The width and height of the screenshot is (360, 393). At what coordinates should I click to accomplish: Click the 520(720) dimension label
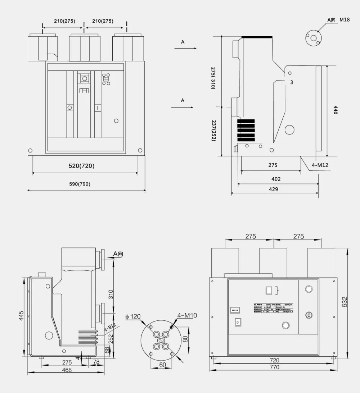82,166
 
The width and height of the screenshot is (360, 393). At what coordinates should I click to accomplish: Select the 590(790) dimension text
80,184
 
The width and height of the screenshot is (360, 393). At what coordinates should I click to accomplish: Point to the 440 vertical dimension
335,110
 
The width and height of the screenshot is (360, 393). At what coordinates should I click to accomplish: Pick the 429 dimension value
274,189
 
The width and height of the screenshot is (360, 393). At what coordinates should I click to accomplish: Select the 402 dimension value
276,179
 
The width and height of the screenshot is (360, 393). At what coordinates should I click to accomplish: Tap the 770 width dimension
274,367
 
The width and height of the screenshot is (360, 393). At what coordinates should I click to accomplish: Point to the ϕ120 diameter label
133,317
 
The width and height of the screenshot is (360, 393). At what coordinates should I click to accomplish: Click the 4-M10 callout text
187,316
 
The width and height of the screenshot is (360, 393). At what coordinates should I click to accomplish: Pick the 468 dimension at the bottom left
67,370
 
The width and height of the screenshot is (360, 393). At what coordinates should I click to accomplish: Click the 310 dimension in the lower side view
111,294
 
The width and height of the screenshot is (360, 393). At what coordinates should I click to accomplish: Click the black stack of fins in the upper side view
246,131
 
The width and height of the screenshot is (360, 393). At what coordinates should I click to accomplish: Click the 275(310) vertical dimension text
213,78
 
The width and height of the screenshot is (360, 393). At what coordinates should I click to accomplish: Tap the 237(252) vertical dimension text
213,130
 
